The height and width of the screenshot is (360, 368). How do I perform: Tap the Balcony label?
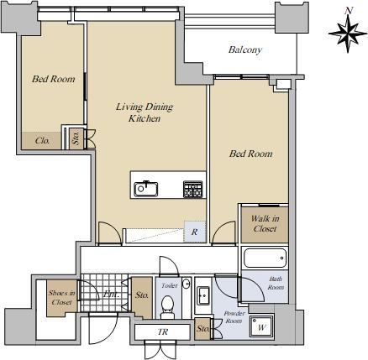click(x=245, y=50)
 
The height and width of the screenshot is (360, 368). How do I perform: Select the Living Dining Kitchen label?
click(x=145, y=112)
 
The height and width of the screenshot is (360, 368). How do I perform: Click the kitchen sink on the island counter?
click(x=145, y=189)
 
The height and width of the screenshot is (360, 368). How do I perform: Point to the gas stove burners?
click(x=192, y=190)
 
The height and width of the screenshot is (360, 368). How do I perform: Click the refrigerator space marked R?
click(x=195, y=232)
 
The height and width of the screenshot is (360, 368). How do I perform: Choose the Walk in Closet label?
click(x=265, y=224)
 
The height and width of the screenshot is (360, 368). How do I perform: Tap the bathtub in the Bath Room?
click(x=265, y=258)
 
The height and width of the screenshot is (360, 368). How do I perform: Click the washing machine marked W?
click(x=261, y=326)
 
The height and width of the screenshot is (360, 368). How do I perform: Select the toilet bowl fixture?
click(x=167, y=306)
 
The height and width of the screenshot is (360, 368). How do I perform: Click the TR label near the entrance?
click(x=163, y=332)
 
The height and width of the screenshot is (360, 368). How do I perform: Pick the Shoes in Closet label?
click(x=61, y=298)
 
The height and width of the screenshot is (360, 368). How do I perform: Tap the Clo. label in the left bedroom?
click(x=43, y=140)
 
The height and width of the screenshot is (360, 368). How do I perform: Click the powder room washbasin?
click(x=203, y=295)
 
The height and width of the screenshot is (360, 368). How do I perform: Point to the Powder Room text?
click(x=234, y=317)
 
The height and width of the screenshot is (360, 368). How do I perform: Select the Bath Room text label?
click(x=276, y=283)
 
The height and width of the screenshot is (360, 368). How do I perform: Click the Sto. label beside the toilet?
click(x=142, y=295)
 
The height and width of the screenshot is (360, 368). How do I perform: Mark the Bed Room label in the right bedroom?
click(x=250, y=154)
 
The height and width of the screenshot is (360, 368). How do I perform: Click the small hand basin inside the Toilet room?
click(x=187, y=284)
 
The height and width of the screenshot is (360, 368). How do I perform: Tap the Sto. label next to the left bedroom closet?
click(x=76, y=138)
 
